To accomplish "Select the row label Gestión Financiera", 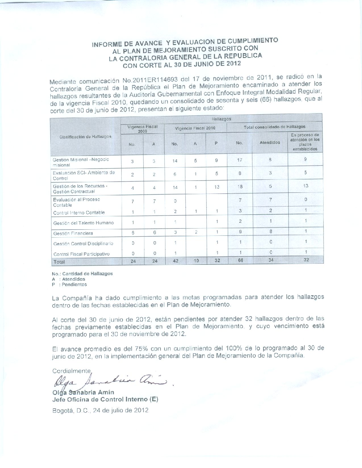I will tap(73, 233).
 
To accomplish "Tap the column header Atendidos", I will tap(270, 142).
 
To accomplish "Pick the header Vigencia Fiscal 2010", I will tap(195, 128).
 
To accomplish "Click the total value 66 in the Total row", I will tap(240, 260).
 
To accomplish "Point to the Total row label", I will tap(59, 261).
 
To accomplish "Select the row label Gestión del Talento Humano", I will tap(83, 223).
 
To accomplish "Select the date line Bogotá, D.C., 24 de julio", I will tap(100, 410).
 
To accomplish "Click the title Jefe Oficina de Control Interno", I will tap(105, 400).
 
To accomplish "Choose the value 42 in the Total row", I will tap(175, 260).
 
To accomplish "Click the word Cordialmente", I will tap(71, 371).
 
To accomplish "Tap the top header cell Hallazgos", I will tap(221, 119).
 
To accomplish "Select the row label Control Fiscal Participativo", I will tap(81, 254).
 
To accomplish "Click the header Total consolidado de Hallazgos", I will tap(274, 127).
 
